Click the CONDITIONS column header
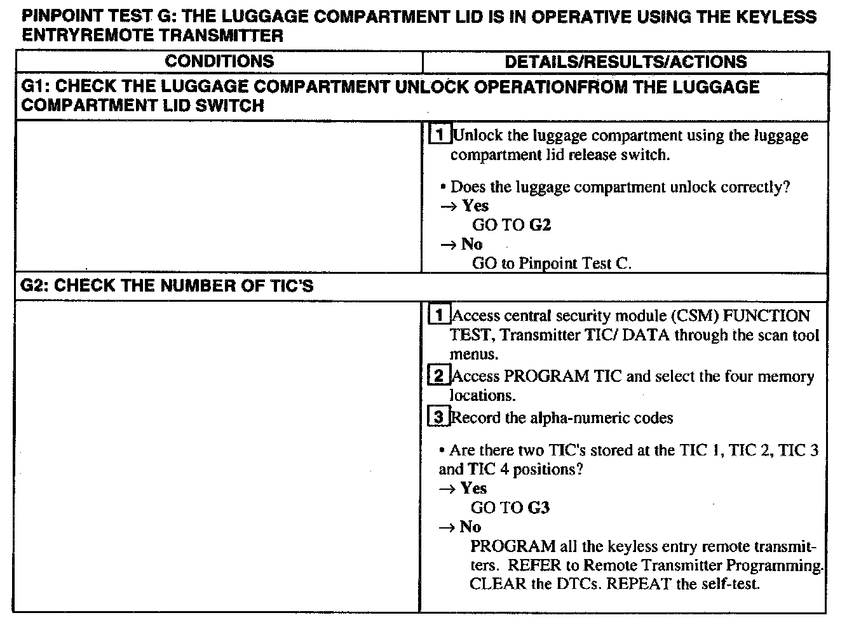point(219,62)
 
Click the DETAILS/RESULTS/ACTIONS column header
point(625,62)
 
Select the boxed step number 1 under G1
point(439,135)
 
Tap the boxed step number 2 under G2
point(439,375)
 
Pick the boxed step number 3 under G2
point(439,417)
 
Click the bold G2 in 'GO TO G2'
point(540,225)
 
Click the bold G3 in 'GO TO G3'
point(539,508)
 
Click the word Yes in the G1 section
point(475,206)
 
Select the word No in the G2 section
point(470,527)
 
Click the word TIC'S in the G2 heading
point(290,286)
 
